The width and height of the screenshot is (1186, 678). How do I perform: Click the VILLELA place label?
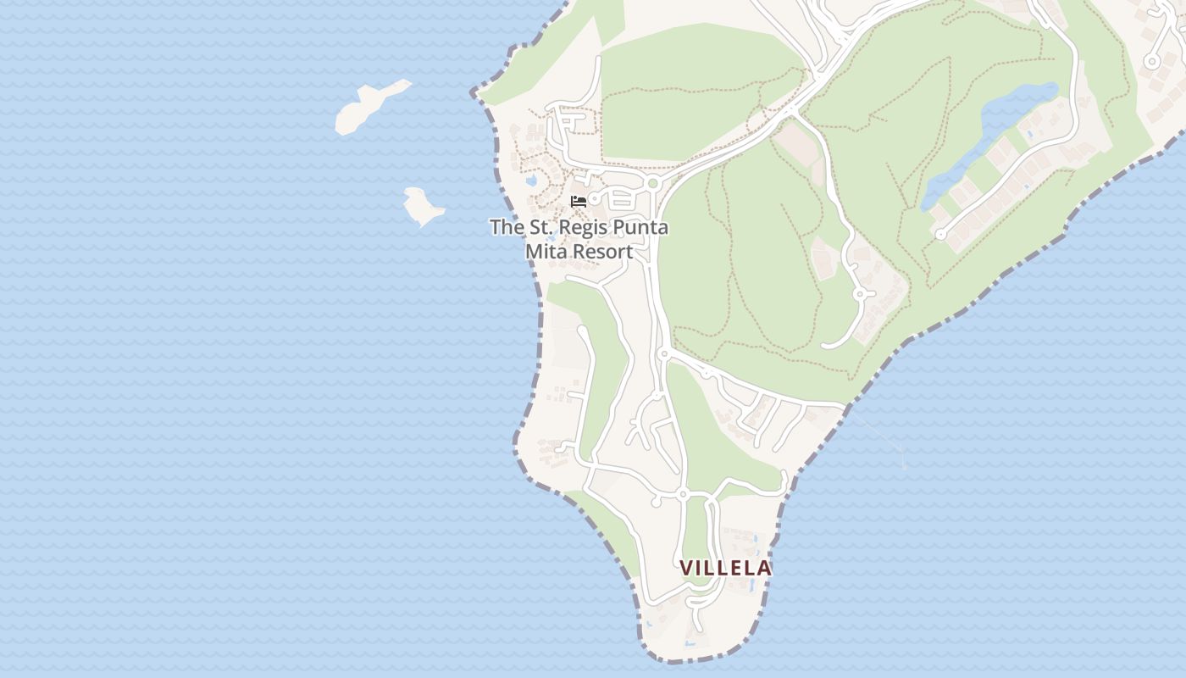coord(725,568)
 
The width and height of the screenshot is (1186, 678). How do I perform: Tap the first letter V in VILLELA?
coord(686,568)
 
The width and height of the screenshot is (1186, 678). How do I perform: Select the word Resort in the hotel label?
coord(602,252)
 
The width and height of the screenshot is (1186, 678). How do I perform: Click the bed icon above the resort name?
coord(579,202)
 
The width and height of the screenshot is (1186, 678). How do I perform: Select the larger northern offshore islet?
coord(366,108)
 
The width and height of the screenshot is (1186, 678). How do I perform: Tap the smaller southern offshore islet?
coord(422,206)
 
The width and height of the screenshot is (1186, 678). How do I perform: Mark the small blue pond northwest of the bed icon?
coord(531,181)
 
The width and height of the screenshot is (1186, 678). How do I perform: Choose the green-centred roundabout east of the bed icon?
coord(651,183)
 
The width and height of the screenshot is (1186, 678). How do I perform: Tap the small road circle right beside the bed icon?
coord(595,199)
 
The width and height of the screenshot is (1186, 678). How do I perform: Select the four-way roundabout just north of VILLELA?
coord(682,493)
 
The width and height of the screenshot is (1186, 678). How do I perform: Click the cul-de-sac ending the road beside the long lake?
coord(939,235)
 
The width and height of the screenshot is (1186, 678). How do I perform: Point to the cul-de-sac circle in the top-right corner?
coord(1151,60)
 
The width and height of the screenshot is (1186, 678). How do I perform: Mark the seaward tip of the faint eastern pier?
coord(904,465)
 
